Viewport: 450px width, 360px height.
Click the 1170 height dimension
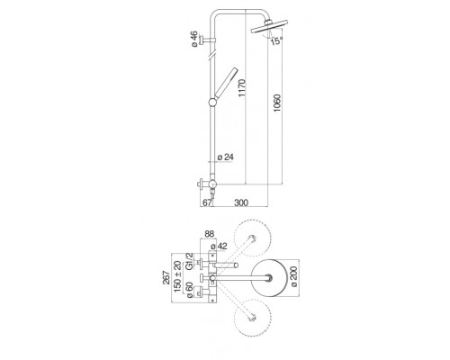point(242,88)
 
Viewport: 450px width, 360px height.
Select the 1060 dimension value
point(277,103)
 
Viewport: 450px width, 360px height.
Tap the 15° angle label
point(276,40)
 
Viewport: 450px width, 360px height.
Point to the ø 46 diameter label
point(194,39)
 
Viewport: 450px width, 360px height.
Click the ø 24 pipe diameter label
point(226,157)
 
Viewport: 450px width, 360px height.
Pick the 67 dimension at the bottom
point(207,202)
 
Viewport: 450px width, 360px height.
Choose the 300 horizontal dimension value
point(241,202)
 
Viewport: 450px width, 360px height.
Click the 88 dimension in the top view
point(210,234)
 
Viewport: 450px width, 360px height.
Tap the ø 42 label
point(219,247)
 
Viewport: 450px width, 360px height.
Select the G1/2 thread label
point(189,261)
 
